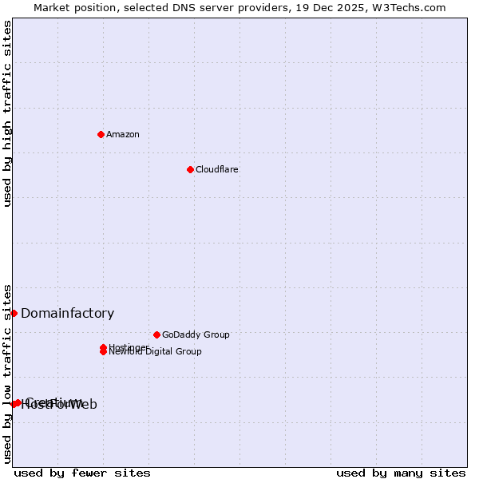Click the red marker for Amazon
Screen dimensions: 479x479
click(x=101, y=134)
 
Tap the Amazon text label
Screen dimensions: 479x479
click(x=123, y=134)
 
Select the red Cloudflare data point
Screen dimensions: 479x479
click(x=190, y=169)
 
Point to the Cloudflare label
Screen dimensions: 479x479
click(x=217, y=169)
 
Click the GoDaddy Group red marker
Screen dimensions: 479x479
click(x=156, y=335)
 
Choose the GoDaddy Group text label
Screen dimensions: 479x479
click(x=196, y=335)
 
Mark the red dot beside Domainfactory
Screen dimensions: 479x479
click(x=14, y=313)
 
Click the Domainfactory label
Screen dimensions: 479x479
click(x=68, y=314)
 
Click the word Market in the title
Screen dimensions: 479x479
click(x=53, y=7)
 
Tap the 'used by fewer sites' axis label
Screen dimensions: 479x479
click(x=82, y=473)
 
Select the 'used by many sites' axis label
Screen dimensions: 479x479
click(x=401, y=473)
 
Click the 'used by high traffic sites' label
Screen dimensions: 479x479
click(x=7, y=113)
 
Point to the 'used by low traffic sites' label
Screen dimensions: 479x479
click(x=7, y=373)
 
